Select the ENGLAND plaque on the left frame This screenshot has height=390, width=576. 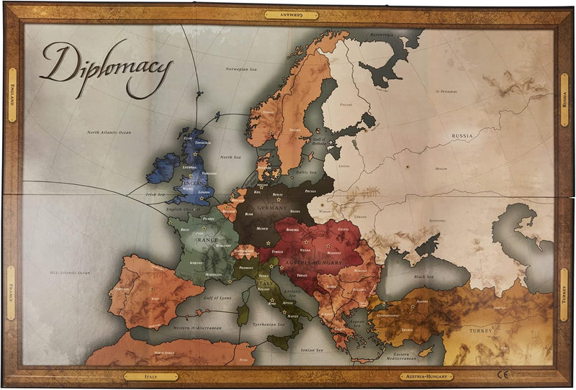pyautogui.click(x=12, y=95)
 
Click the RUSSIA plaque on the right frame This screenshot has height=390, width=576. pyautogui.click(x=564, y=101)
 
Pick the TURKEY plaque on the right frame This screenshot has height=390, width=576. pyautogui.click(x=564, y=295)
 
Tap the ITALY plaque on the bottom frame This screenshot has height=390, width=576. pyautogui.click(x=150, y=376)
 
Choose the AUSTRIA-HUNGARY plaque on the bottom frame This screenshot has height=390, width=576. pyautogui.click(x=426, y=376)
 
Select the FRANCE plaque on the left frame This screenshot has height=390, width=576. pyautogui.click(x=12, y=293)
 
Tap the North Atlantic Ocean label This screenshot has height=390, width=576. pyautogui.click(x=109, y=132)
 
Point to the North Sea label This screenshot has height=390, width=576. pyautogui.click(x=230, y=157)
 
